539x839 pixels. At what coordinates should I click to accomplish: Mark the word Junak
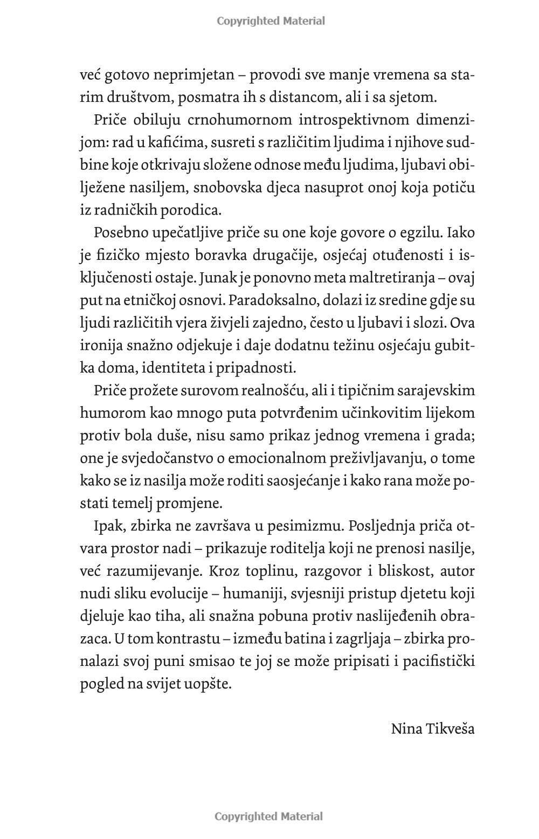coord(218,279)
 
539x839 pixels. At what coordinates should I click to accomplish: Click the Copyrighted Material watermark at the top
coord(271,21)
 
